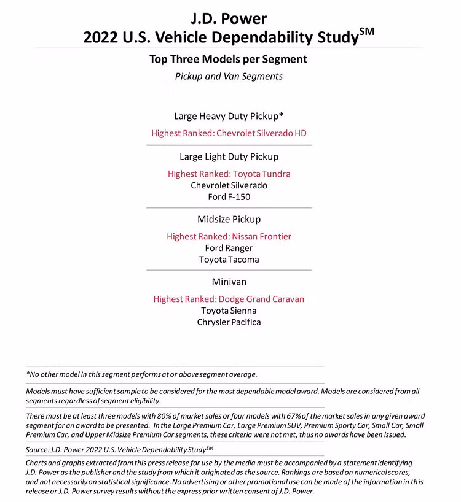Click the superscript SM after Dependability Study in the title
tap(366, 32)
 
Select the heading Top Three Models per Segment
tap(229, 60)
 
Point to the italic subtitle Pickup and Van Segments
tap(229, 77)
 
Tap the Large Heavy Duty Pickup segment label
tap(229, 115)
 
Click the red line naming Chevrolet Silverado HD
tap(229, 133)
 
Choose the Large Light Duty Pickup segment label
tap(229, 156)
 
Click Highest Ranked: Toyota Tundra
tap(229, 174)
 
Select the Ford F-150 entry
tap(229, 197)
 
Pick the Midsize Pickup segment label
tap(229, 219)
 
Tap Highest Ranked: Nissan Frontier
tap(229, 236)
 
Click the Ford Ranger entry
tap(229, 248)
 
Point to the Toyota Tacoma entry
tap(229, 260)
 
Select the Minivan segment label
tap(229, 282)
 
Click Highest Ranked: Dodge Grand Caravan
tap(229, 299)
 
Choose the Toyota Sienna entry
tap(229, 311)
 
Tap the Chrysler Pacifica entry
tap(229, 322)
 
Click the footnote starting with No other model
tap(141, 374)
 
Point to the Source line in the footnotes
tap(120, 450)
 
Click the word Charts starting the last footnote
tap(37, 462)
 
